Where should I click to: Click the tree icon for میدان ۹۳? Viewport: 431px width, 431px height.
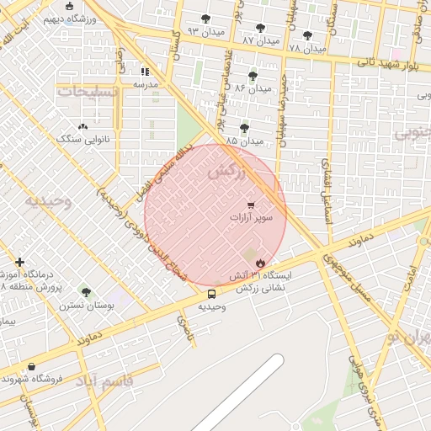pyautogui.click(x=206, y=19)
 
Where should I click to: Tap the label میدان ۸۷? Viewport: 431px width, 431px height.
pyautogui.click(x=260, y=40)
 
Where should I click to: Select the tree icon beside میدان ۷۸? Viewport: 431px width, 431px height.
pyautogui.click(x=307, y=35)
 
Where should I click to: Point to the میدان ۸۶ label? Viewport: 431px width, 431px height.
pyautogui.click(x=253, y=88)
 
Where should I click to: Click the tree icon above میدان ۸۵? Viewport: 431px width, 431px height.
pyautogui.click(x=244, y=128)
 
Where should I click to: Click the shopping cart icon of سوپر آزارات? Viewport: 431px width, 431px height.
pyautogui.click(x=251, y=205)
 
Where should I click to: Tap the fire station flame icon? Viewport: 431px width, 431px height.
pyautogui.click(x=260, y=263)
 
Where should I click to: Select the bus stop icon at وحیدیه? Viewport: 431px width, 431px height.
pyautogui.click(x=211, y=295)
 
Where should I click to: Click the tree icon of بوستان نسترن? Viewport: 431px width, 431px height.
pyautogui.click(x=85, y=292)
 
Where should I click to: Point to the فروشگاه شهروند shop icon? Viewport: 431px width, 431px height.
pyautogui.click(x=32, y=366)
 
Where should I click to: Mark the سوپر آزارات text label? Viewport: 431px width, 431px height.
pyautogui.click(x=251, y=218)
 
